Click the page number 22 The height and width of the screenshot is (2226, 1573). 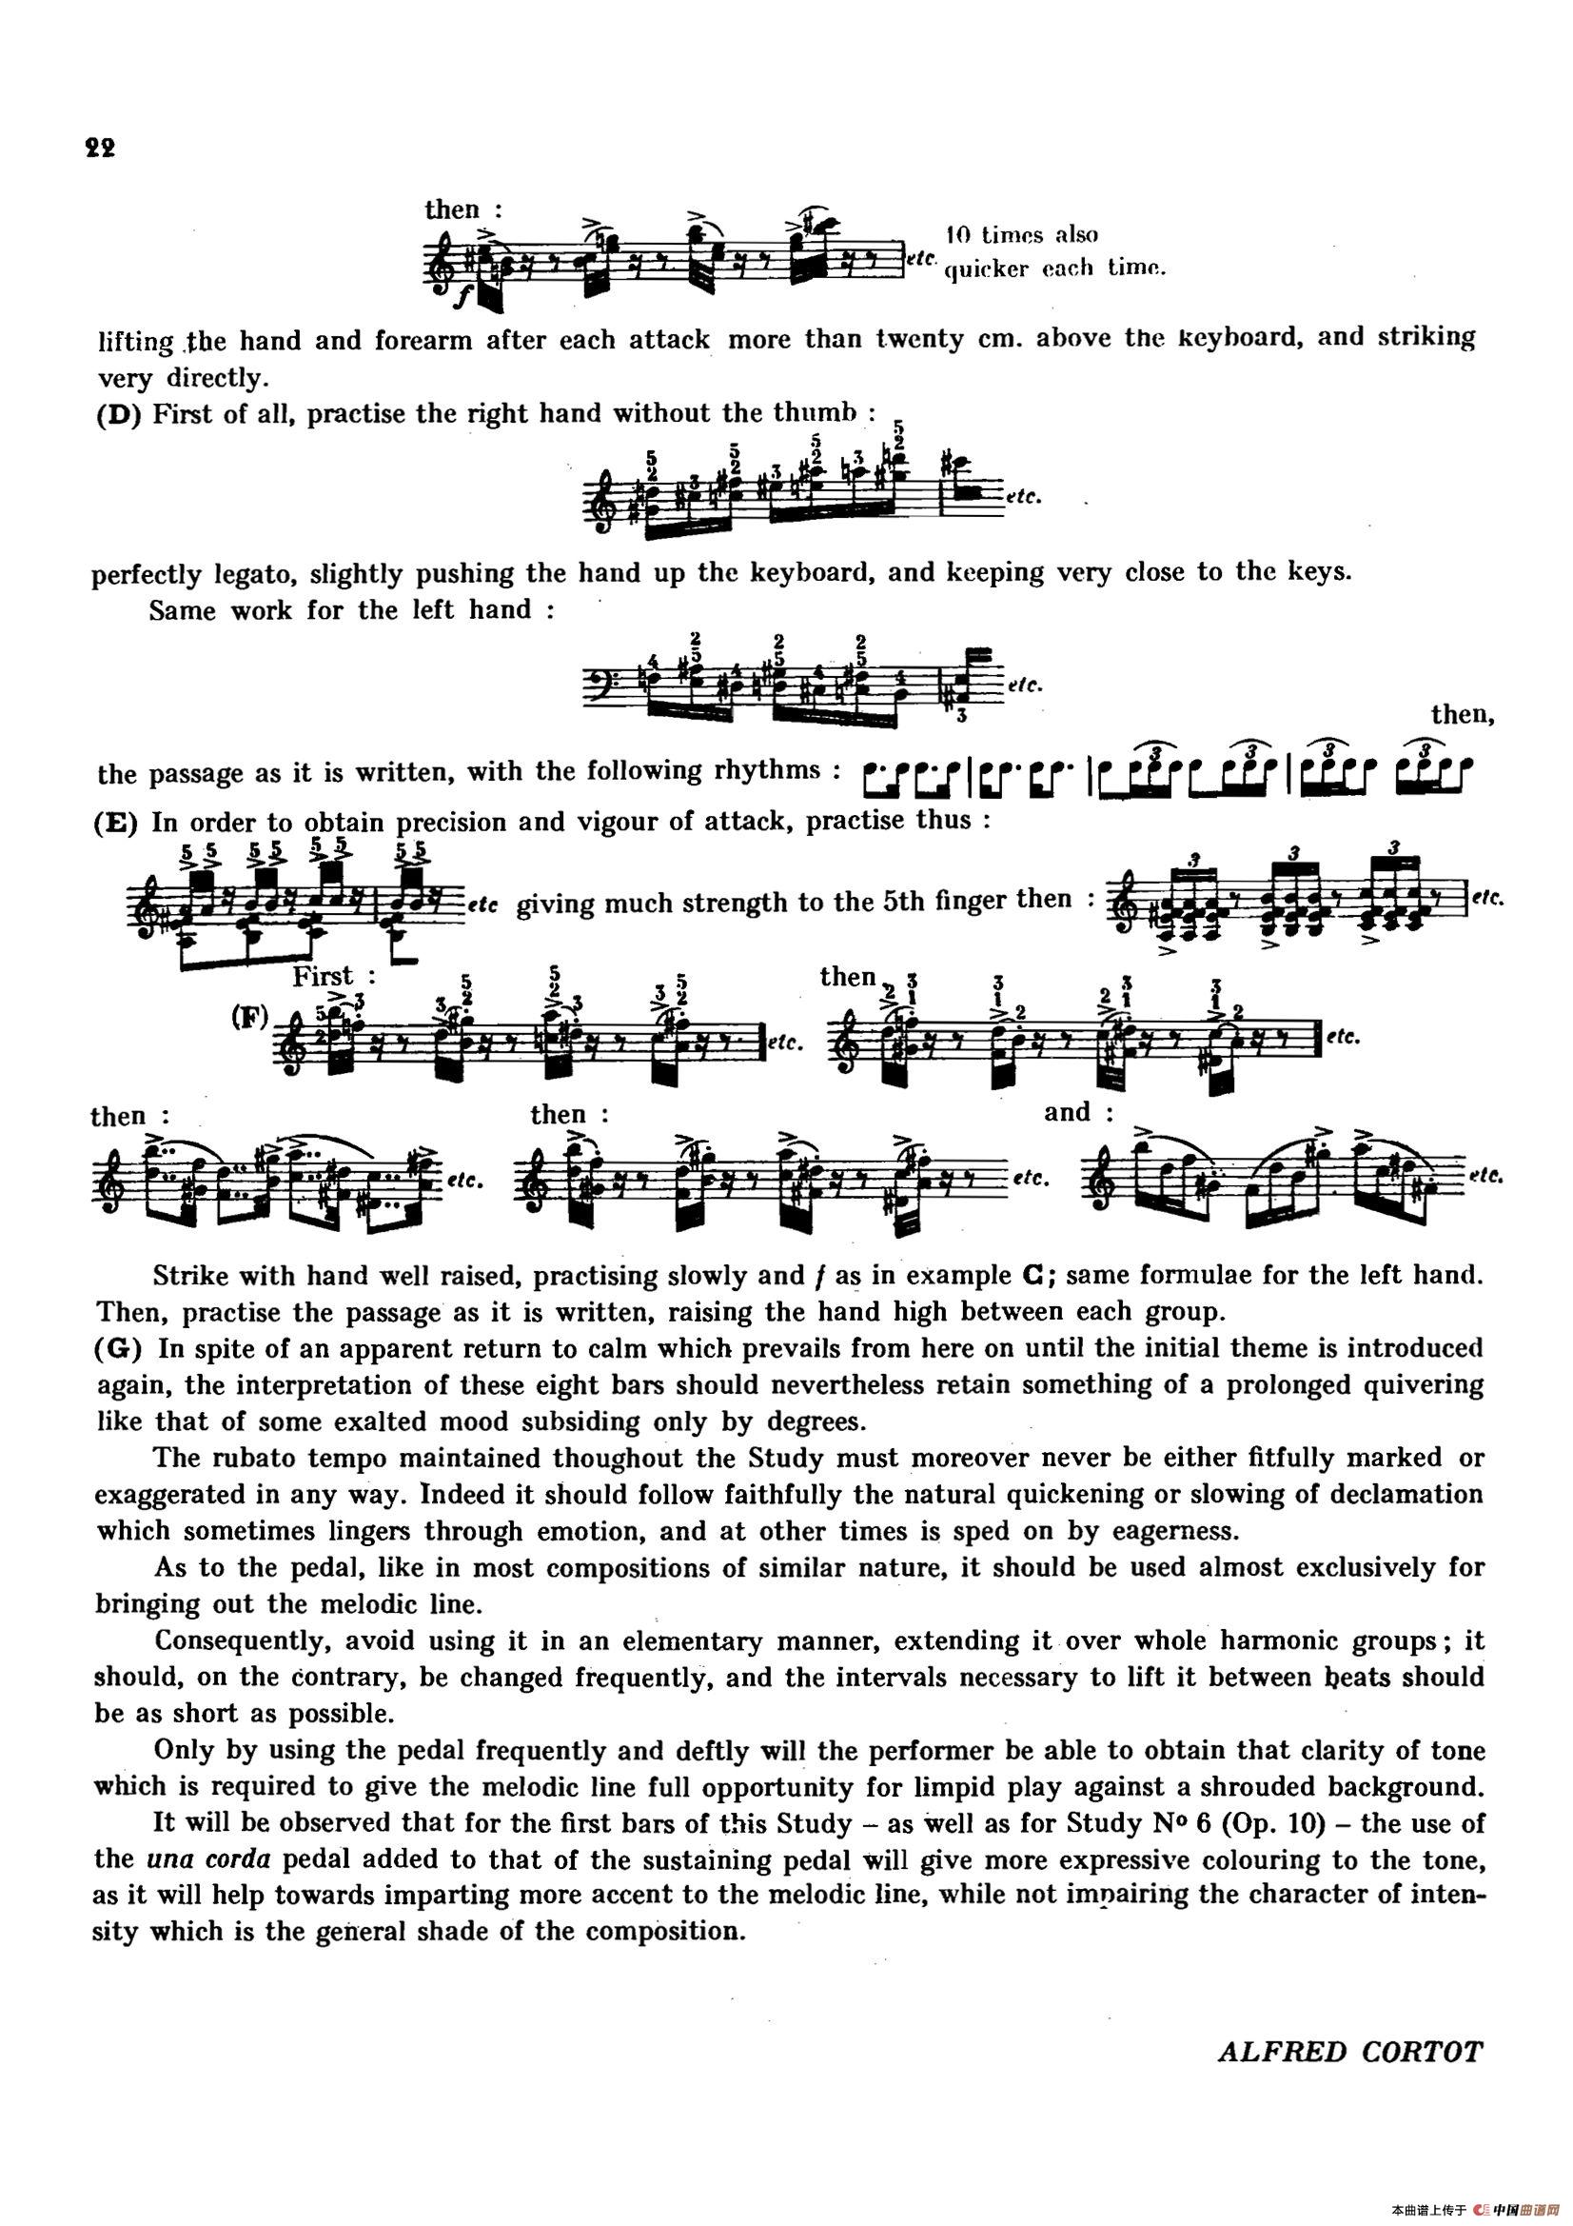click(x=100, y=149)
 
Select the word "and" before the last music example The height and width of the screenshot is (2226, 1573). click(x=1067, y=1112)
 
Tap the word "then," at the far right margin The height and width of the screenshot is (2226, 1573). click(x=1462, y=716)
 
